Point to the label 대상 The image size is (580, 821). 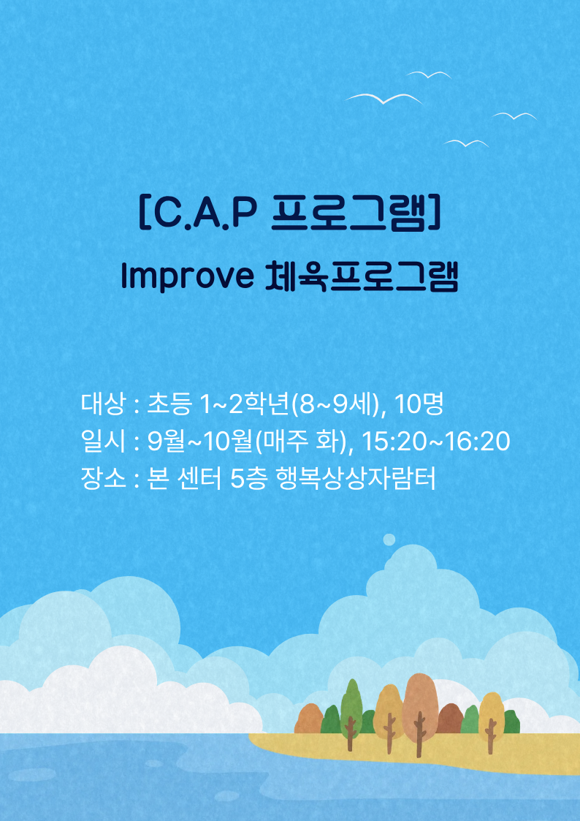click(103, 404)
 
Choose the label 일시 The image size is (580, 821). click(103, 442)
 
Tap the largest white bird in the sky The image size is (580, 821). click(384, 98)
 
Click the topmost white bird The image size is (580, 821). click(429, 75)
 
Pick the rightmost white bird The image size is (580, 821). click(515, 116)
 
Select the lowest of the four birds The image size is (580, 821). click(466, 143)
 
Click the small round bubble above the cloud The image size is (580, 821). click(389, 540)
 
